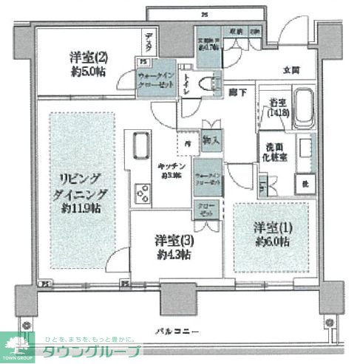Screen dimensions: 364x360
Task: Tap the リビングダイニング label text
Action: (82, 187)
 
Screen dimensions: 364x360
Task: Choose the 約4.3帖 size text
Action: (172, 255)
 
